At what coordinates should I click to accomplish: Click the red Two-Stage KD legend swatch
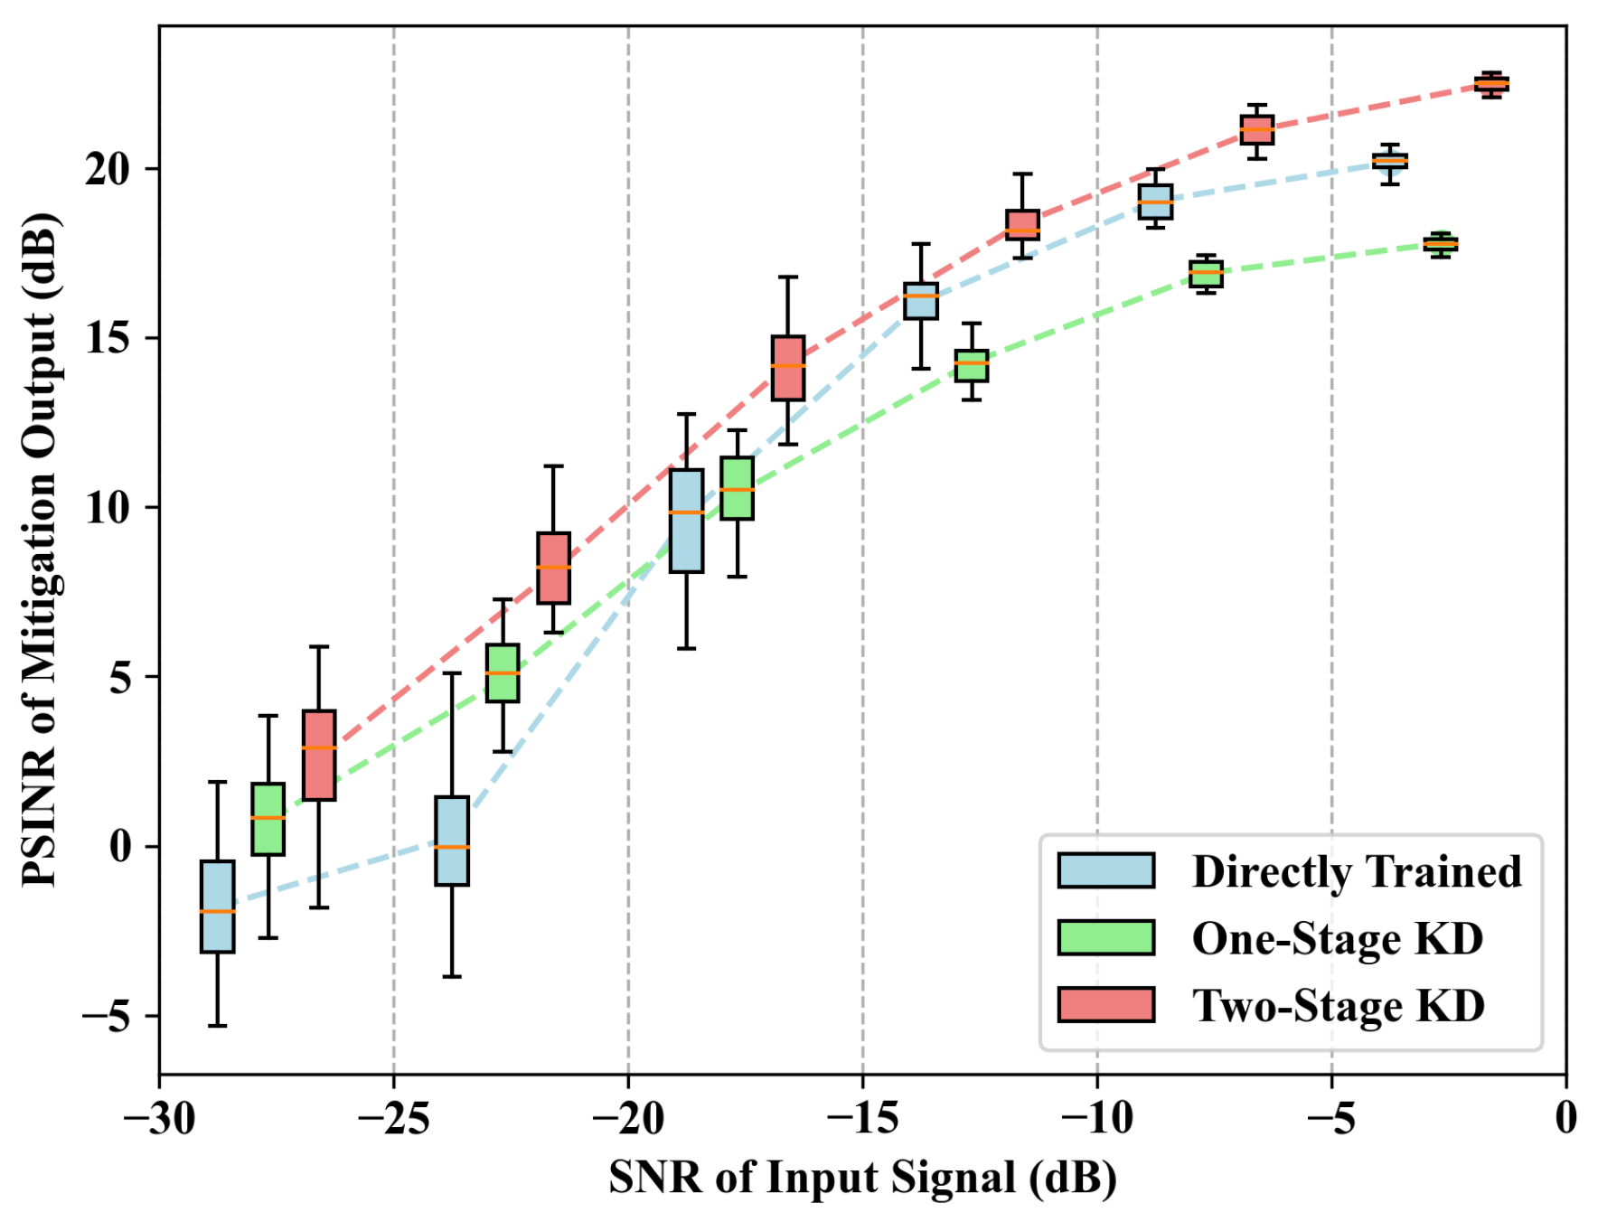pos(1105,1004)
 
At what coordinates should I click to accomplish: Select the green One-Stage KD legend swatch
pos(1105,937)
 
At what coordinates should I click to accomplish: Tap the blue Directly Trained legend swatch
pos(1105,869)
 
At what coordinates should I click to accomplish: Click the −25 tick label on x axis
pos(393,1119)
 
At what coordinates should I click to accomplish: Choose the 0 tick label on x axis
pos(1565,1119)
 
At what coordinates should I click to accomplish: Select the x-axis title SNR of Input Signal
pos(862,1179)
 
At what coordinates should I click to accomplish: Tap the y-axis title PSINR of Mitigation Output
pos(41,550)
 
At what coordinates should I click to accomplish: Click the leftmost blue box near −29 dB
pos(217,906)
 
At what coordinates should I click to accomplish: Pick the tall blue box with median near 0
pos(452,841)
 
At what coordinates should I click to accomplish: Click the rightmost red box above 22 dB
pos(1491,83)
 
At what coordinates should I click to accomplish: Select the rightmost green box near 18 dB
pos(1440,244)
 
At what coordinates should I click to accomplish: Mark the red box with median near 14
pos(788,368)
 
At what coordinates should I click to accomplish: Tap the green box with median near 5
pos(503,672)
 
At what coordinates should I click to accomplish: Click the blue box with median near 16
pos(921,300)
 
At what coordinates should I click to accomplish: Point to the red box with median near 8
pos(553,568)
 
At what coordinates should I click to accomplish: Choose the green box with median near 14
pos(972,365)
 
